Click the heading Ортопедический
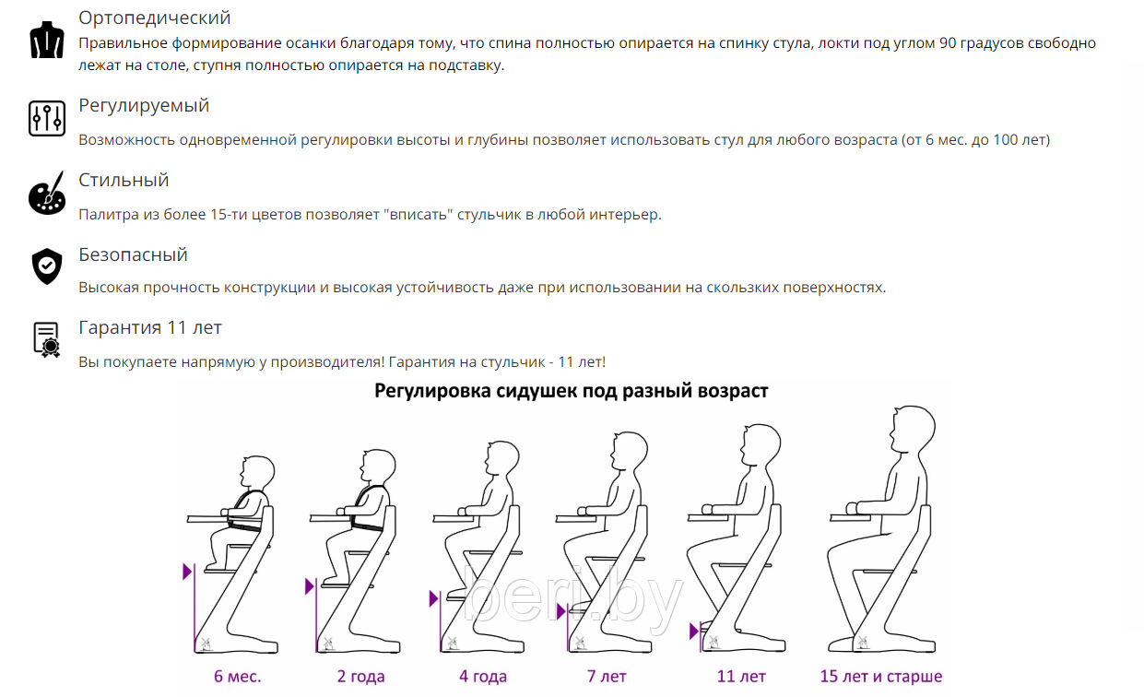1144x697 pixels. [x=154, y=18]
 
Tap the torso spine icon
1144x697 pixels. [x=46, y=40]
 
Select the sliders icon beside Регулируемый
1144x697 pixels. [x=46, y=118]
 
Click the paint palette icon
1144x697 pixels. [x=47, y=193]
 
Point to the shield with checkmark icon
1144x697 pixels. [x=47, y=266]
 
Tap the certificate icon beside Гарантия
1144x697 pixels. [x=46, y=339]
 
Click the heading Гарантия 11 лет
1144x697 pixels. [x=150, y=328]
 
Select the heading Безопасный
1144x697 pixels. [x=134, y=254]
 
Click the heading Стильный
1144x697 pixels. [x=124, y=181]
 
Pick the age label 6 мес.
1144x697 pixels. [x=238, y=676]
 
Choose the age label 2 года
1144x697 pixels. [x=360, y=676]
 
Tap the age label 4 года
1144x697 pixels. [x=483, y=676]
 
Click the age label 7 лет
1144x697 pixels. [x=607, y=676]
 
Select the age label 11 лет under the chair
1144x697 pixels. [x=741, y=676]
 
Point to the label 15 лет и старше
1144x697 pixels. [x=881, y=676]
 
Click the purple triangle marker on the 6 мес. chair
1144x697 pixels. [x=187, y=572]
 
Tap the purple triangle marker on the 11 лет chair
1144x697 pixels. [x=693, y=632]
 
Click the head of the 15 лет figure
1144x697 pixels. [x=914, y=430]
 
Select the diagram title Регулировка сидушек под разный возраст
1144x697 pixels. [x=571, y=391]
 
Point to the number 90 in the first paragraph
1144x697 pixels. [x=948, y=43]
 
